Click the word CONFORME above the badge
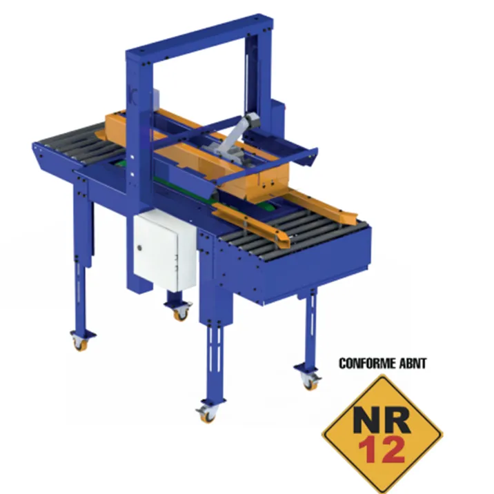367,363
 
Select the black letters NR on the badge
382,419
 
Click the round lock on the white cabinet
139,248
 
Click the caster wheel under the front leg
207,413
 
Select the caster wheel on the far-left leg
80,343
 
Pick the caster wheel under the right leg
310,382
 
